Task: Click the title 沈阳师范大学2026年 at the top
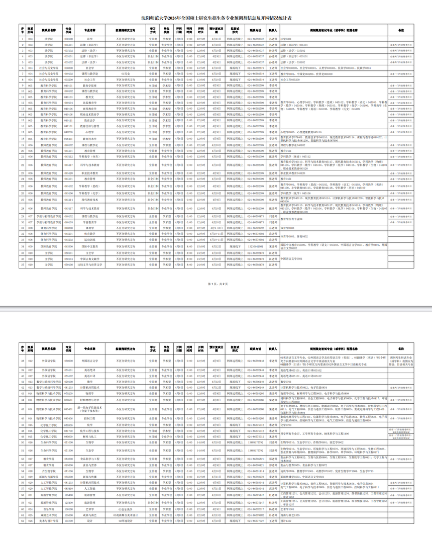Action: pyautogui.click(x=216, y=18)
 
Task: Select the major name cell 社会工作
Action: pyautogui.click(x=90, y=79)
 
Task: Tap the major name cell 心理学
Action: pyautogui.click(x=90, y=132)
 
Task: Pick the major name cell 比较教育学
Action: pyautogui.click(x=90, y=103)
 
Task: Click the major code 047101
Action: pyautogui.click(x=69, y=126)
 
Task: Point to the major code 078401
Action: pyautogui.click(x=69, y=138)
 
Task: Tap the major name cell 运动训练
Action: pyautogui.click(x=90, y=240)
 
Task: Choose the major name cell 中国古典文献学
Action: pyautogui.click(x=90, y=258)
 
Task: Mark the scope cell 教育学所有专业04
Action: pyautogui.click(x=298, y=219)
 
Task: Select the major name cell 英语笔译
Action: pyautogui.click(x=90, y=370)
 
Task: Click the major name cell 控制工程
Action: pyautogui.click(x=90, y=418)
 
